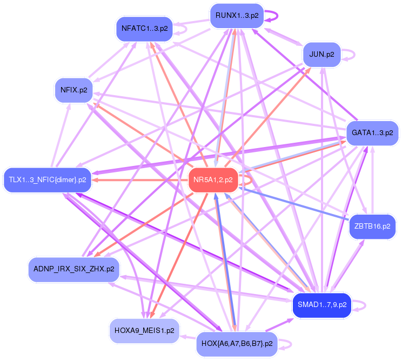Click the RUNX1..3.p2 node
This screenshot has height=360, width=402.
point(237,16)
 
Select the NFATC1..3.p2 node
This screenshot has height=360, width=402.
point(144,29)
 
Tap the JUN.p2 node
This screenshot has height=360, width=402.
point(321,55)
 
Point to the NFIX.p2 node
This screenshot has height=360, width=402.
point(74,90)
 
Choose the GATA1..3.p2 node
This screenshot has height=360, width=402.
point(372,132)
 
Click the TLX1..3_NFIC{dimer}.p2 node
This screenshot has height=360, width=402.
point(48,179)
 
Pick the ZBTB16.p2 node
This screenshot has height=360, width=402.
point(372,226)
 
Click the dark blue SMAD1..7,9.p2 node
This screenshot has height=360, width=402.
point(321,305)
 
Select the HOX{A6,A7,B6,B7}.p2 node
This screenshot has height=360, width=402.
point(236,343)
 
